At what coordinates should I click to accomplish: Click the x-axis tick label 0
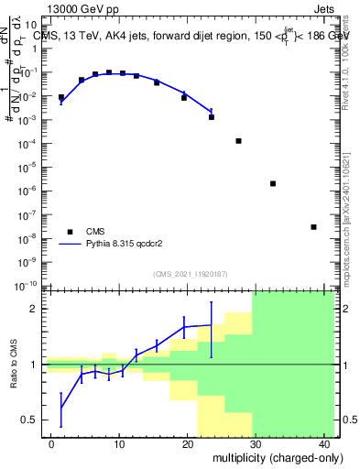click(x=51, y=443)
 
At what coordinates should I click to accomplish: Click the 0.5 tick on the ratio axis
click(x=31, y=420)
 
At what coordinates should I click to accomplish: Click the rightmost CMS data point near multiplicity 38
click(x=313, y=227)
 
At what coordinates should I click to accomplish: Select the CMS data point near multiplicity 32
click(x=273, y=183)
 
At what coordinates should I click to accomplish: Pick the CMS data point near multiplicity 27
click(x=238, y=141)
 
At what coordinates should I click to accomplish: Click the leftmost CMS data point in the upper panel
click(x=61, y=97)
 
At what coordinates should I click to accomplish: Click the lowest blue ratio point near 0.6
click(x=61, y=408)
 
